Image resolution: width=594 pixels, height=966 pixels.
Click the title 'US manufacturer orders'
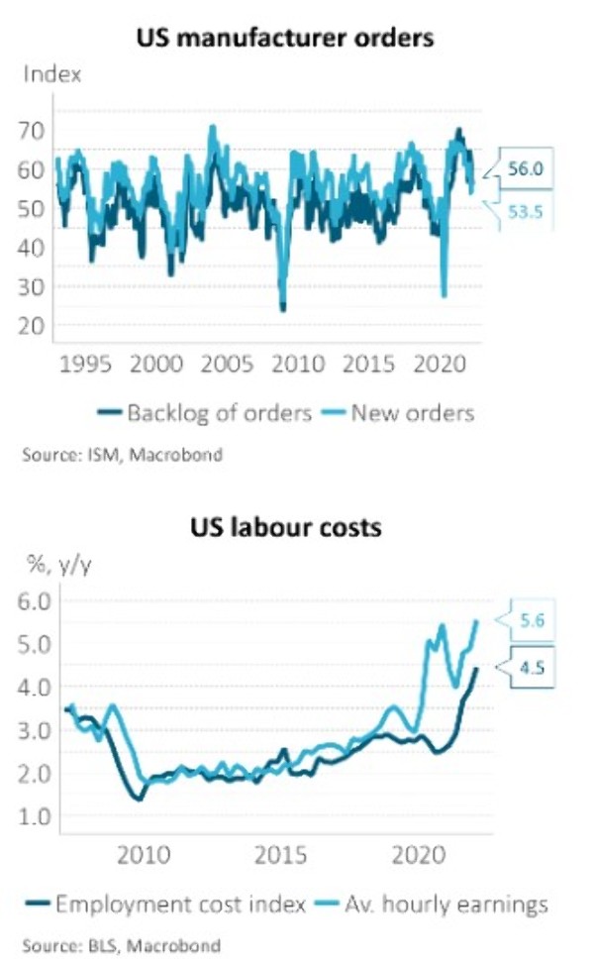(x=286, y=39)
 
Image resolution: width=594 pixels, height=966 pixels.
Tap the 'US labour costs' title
(x=286, y=527)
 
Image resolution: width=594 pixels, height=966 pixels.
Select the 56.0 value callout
(x=525, y=169)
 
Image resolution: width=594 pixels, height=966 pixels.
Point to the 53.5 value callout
(x=525, y=210)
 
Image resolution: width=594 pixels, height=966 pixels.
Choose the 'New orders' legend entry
(x=401, y=412)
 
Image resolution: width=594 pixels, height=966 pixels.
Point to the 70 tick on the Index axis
(x=34, y=130)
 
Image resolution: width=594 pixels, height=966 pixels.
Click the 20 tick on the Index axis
(x=34, y=325)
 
